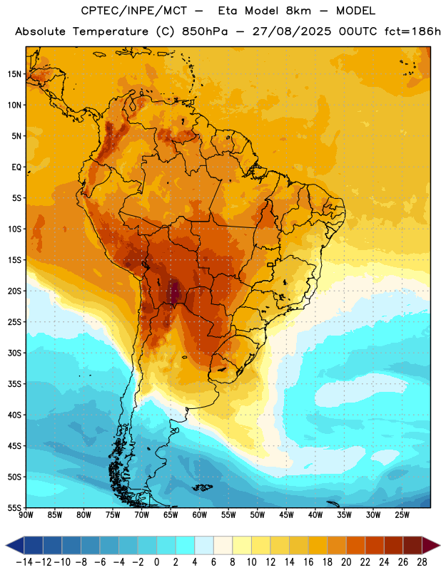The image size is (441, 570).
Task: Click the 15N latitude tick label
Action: [14, 74]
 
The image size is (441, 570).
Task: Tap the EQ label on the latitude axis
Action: [16, 167]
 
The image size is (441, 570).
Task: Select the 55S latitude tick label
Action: [14, 508]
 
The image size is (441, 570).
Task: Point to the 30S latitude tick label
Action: [14, 353]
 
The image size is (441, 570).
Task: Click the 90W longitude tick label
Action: [26, 515]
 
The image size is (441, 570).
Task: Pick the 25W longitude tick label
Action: [402, 515]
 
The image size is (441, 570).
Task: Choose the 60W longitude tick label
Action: [200, 515]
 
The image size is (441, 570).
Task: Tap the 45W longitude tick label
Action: [286, 515]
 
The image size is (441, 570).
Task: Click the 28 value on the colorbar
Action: [422, 562]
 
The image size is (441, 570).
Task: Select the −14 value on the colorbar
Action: [24, 562]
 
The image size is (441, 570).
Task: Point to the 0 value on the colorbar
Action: [156, 562]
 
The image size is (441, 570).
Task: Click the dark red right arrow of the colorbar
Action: [431, 544]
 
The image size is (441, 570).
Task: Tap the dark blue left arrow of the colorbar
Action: [15, 544]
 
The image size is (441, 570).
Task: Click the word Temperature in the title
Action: [111, 31]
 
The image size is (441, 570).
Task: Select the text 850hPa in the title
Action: [205, 31]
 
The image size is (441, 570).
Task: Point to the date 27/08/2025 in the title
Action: [292, 31]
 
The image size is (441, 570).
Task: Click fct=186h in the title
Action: [412, 31]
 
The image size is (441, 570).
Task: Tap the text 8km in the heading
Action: [298, 11]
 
